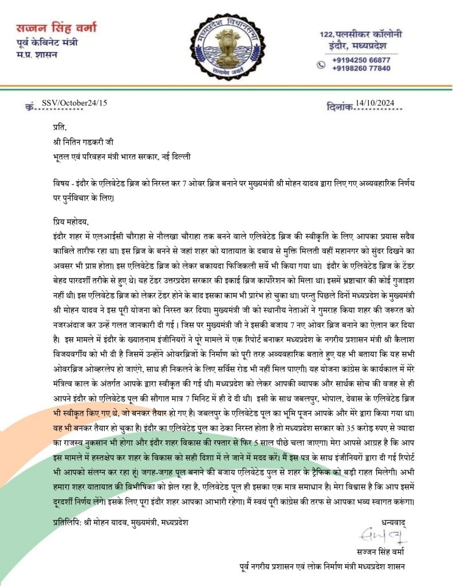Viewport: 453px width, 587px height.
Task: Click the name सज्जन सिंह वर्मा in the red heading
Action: [x=55, y=28]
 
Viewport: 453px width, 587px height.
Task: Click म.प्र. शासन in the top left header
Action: [x=36, y=54]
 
